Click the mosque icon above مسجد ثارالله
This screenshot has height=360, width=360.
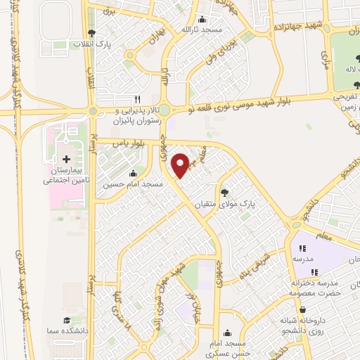(x=203, y=18)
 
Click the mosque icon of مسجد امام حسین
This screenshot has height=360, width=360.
(x=134, y=173)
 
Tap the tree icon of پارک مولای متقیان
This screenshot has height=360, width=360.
(x=224, y=191)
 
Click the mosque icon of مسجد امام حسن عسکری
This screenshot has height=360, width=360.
(x=226, y=333)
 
